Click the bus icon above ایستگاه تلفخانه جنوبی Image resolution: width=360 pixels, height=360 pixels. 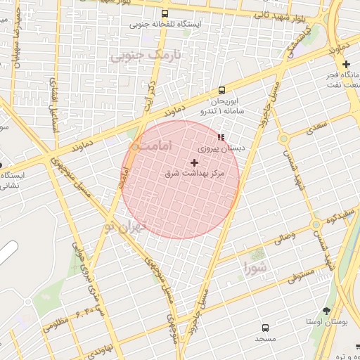tap(165, 13)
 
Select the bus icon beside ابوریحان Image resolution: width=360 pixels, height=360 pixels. tap(221, 90)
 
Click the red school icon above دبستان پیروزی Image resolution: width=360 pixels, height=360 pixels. tap(221, 137)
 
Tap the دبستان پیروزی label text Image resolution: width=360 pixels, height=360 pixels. tap(221, 148)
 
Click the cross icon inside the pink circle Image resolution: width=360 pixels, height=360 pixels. tap(195, 162)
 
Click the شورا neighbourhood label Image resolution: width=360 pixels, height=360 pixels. tap(255, 267)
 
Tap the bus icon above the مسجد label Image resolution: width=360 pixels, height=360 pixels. tap(265, 328)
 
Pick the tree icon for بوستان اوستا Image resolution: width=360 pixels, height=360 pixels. tap(326, 311)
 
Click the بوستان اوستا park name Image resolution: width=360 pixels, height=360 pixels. tap(327, 321)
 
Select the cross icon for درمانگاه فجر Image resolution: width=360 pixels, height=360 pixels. tap(346, 65)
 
